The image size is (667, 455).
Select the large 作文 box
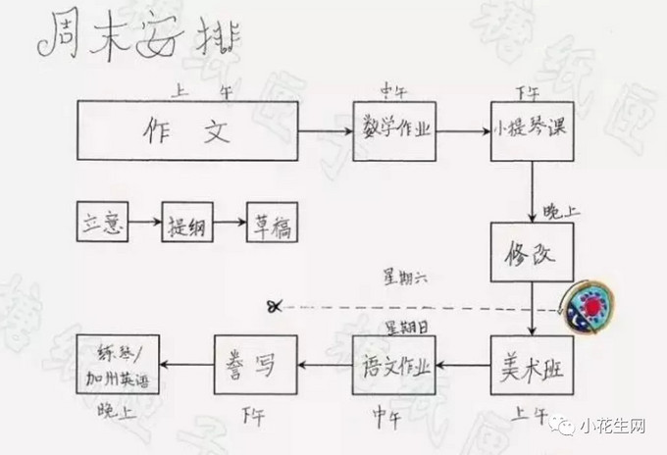[x=187, y=130]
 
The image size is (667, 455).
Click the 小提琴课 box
[x=533, y=130]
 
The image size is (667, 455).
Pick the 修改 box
[x=531, y=253]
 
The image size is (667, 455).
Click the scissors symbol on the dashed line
[x=274, y=306]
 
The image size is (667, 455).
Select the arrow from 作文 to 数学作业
[x=325, y=130]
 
